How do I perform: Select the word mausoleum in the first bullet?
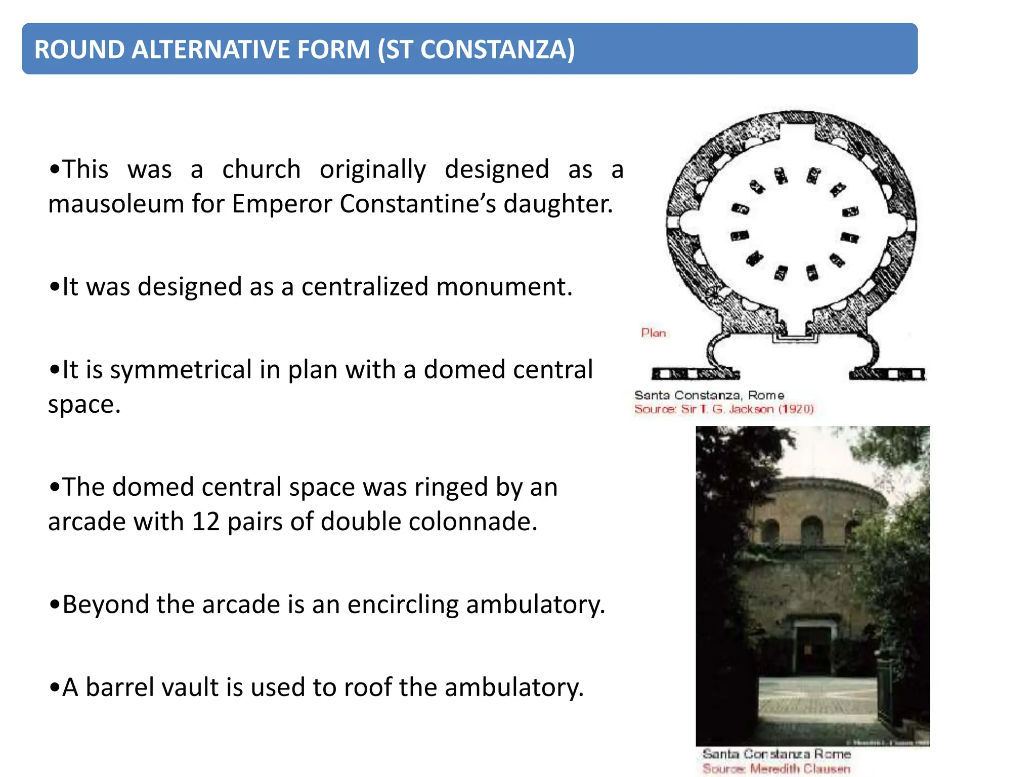116,204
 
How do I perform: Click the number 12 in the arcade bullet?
206,522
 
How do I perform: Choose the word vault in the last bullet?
193,687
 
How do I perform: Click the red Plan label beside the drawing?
653,333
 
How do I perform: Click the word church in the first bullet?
262,169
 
